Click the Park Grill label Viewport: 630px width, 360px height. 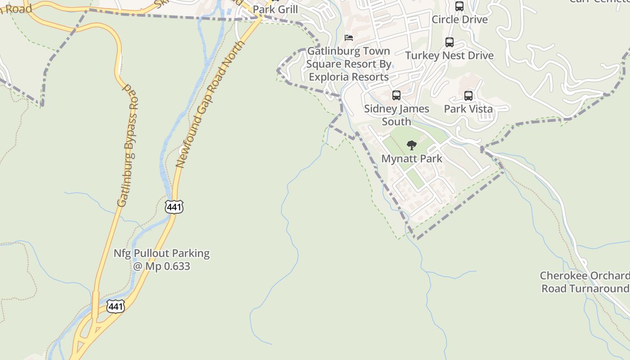pyautogui.click(x=275, y=9)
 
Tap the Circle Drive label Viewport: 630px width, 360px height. pyautogui.click(x=459, y=19)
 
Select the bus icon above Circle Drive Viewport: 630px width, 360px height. pyautogui.click(x=459, y=6)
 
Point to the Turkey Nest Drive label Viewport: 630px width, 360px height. pyautogui.click(x=449, y=55)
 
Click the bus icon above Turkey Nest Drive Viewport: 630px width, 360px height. pyautogui.click(x=449, y=42)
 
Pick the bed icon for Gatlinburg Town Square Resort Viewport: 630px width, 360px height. pyautogui.click(x=348, y=37)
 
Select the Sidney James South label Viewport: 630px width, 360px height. pyautogui.click(x=396, y=115)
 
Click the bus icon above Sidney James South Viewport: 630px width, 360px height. pyautogui.click(x=396, y=95)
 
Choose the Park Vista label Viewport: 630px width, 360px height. pyautogui.click(x=468, y=109)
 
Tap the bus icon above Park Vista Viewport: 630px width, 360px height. pyautogui.click(x=468, y=96)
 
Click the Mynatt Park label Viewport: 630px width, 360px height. pyautogui.click(x=412, y=158)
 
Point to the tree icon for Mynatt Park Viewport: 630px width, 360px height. pyautogui.click(x=411, y=145)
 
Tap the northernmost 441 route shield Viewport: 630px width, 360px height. pyautogui.click(x=174, y=207)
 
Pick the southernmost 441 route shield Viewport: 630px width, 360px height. pyautogui.click(x=116, y=306)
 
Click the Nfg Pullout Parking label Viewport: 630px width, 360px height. pyautogui.click(x=161, y=253)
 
